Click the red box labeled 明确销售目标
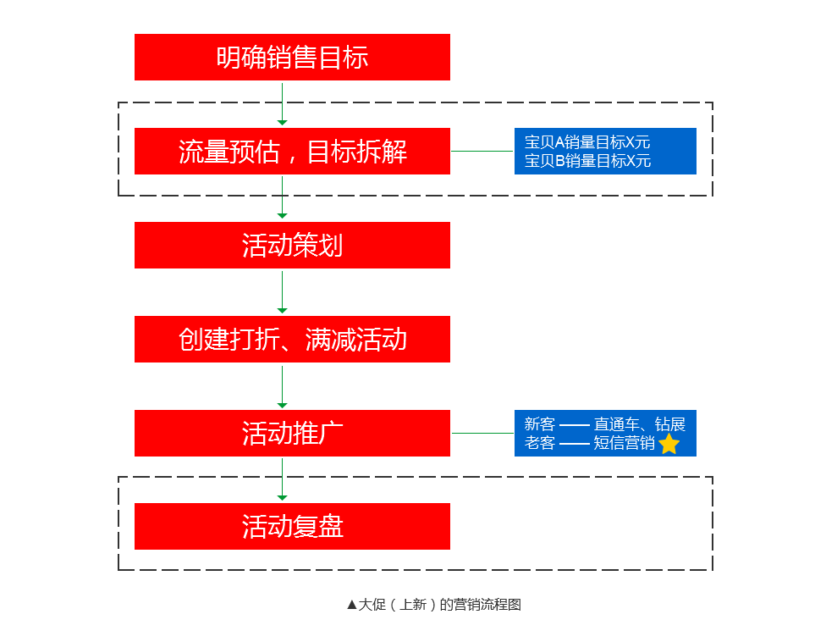coord(292,58)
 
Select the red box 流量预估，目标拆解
coord(292,152)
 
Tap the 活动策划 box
coord(292,245)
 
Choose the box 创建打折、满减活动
coord(292,339)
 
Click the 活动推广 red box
coord(292,434)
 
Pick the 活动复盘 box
coord(292,527)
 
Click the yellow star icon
coord(669,445)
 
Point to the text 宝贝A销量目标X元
coord(587,142)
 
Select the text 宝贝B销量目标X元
coord(587,161)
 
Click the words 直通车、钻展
coord(639,424)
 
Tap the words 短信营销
coord(624,443)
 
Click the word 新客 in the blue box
coord(539,424)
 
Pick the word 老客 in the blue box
coord(539,443)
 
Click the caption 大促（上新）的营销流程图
coord(440,605)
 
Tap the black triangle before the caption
coord(352,605)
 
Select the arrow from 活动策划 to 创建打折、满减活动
coord(282,292)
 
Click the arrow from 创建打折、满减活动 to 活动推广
coord(282,387)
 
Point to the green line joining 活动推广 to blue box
coord(482,433)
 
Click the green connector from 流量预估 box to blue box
coord(482,152)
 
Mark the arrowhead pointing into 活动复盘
coord(282,498)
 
